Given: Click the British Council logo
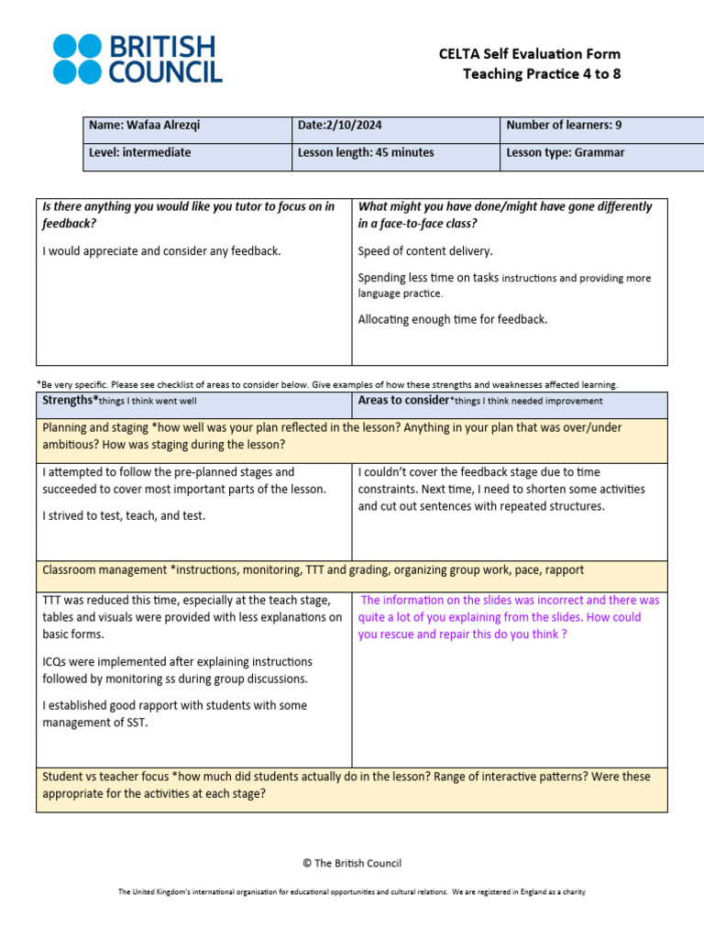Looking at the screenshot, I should coord(137,60).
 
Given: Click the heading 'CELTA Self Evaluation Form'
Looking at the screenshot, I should coord(529,54).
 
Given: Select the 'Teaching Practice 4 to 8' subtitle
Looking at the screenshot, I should coord(541,74).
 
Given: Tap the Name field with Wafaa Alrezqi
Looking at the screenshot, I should coord(139,126).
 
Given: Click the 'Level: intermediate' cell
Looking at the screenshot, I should coord(139,153).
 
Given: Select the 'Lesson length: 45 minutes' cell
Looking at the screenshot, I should coord(366,153).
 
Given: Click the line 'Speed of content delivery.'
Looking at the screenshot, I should coord(424,251).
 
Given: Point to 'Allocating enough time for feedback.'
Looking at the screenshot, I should coord(453,320).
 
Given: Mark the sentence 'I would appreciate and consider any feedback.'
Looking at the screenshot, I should coord(161,251).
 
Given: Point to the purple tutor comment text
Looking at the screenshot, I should coord(509,617).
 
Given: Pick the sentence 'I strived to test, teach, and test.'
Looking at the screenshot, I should coord(124,515).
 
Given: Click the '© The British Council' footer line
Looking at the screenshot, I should coord(352,863).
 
